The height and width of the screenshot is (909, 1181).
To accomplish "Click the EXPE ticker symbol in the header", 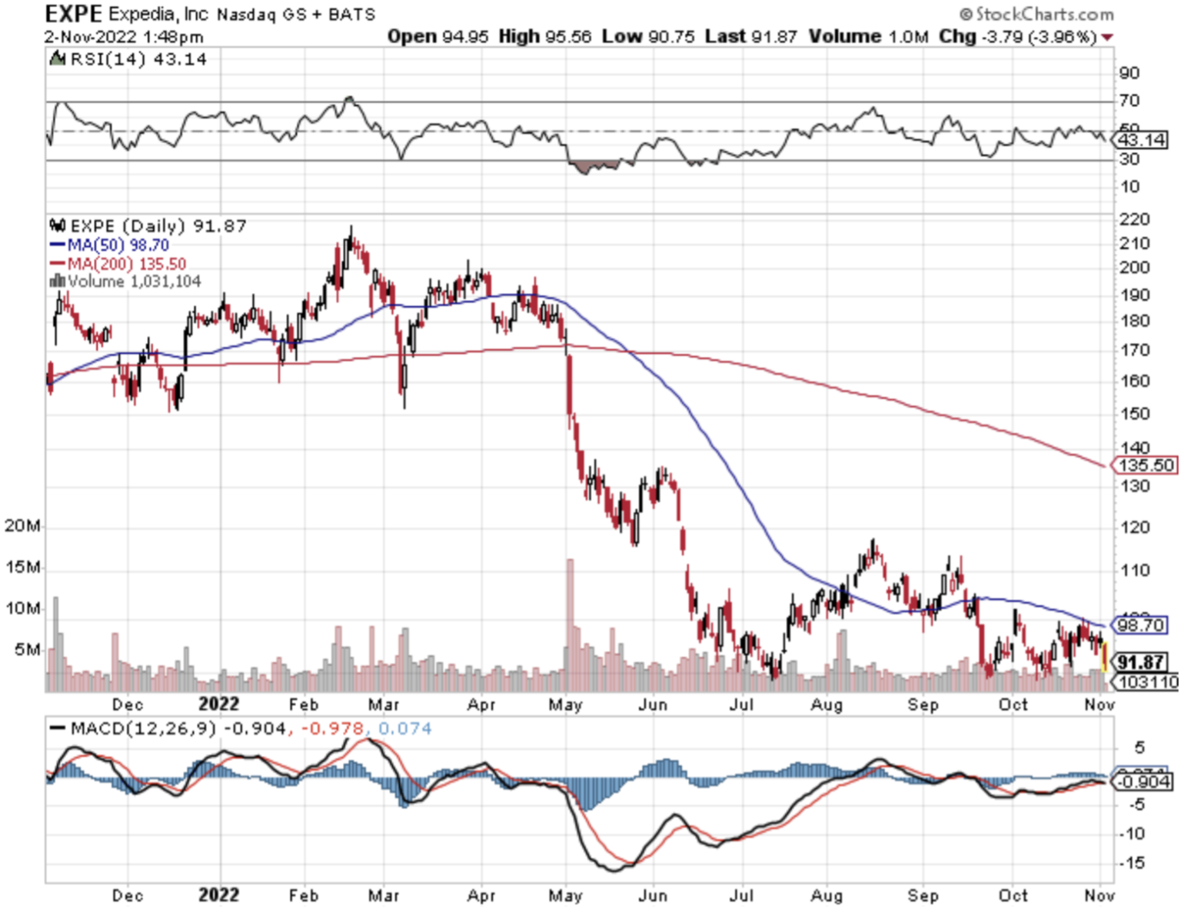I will click(x=73, y=14).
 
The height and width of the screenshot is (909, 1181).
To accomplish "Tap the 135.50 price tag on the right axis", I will click(x=1146, y=465).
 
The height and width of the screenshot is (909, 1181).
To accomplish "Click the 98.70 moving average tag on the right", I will click(x=1140, y=624).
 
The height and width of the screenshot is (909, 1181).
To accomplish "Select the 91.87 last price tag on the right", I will click(x=1140, y=662).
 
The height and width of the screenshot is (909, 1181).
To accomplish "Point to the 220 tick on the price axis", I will click(x=1134, y=220).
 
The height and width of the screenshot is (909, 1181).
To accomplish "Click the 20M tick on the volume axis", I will click(x=22, y=526).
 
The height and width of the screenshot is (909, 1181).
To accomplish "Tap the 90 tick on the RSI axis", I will click(x=1129, y=74).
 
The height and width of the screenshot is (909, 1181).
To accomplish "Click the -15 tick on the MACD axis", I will click(x=1132, y=863).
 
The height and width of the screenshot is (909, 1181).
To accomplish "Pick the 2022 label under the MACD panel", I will click(x=218, y=895).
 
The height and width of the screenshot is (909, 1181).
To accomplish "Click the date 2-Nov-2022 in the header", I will click(x=90, y=37).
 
